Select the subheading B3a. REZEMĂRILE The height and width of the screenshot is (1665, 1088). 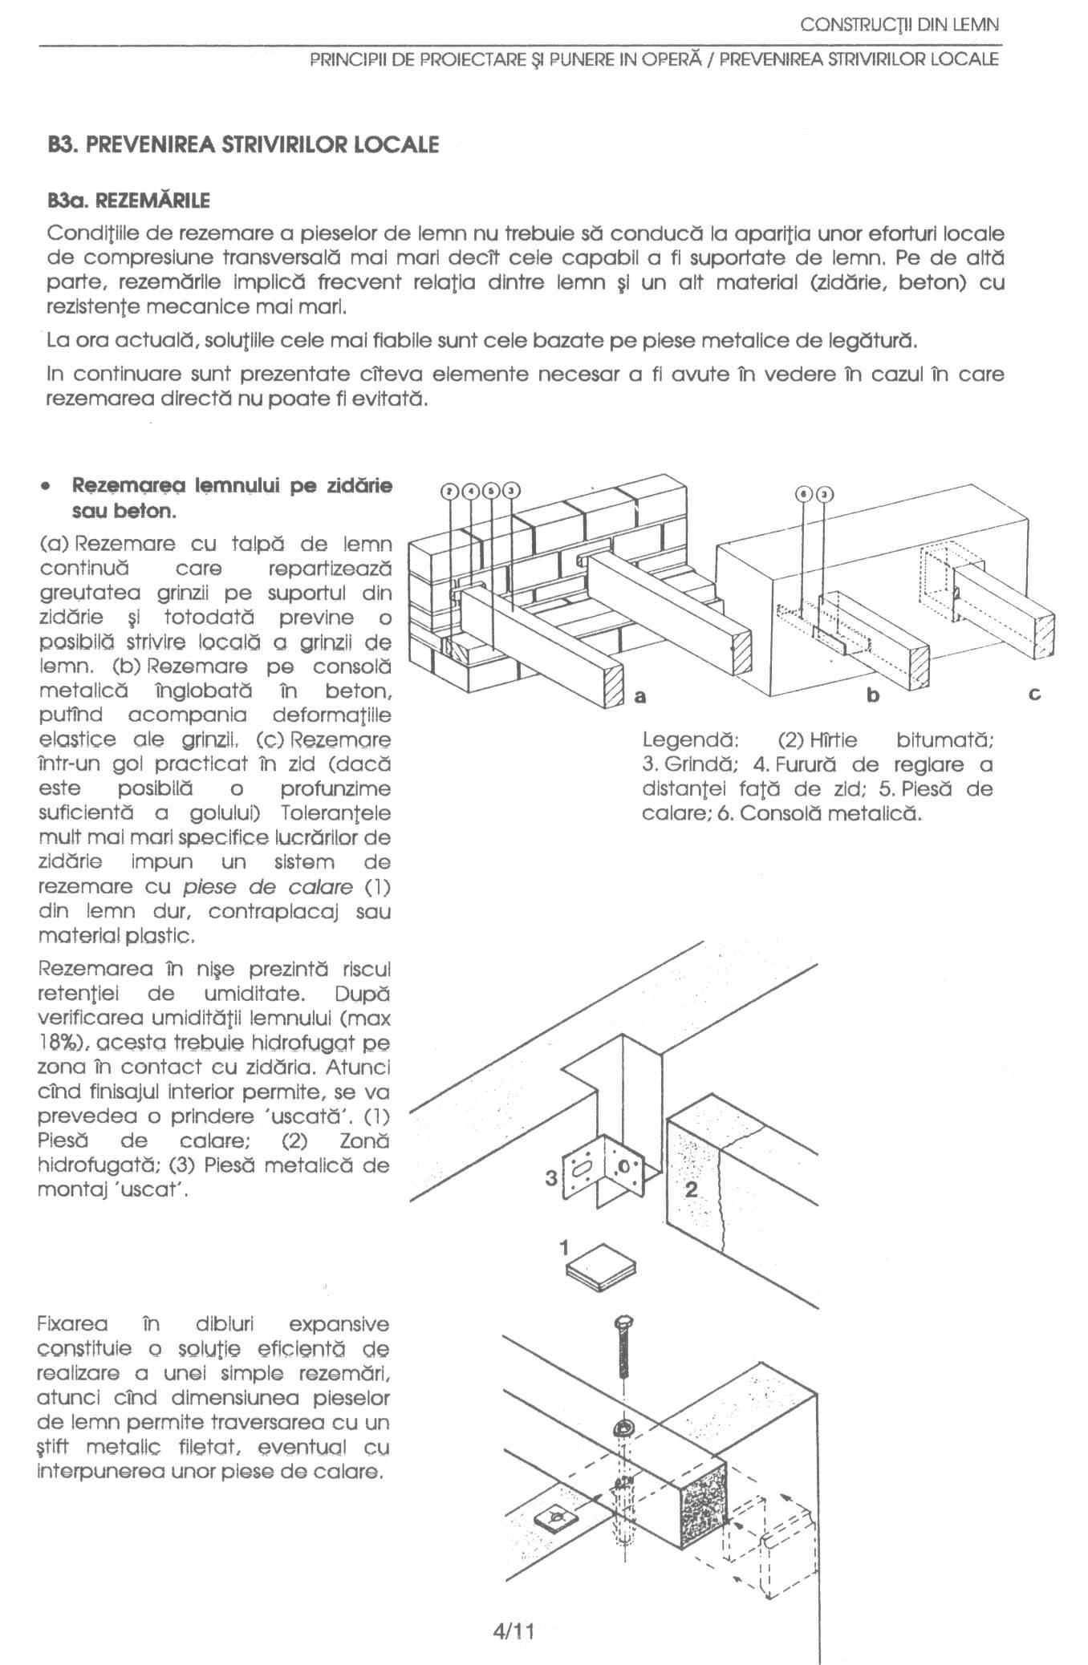(128, 200)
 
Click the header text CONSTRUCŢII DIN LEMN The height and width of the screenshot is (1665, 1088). (899, 25)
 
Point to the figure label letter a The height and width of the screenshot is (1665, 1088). (639, 695)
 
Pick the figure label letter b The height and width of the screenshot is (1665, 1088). (873, 695)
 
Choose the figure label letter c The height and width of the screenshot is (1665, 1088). (1035, 695)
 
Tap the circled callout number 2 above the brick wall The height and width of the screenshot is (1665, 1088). (451, 492)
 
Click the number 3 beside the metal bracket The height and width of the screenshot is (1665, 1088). (551, 1178)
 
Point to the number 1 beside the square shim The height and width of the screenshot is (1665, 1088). (564, 1247)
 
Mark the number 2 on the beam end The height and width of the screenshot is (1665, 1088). (692, 1189)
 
